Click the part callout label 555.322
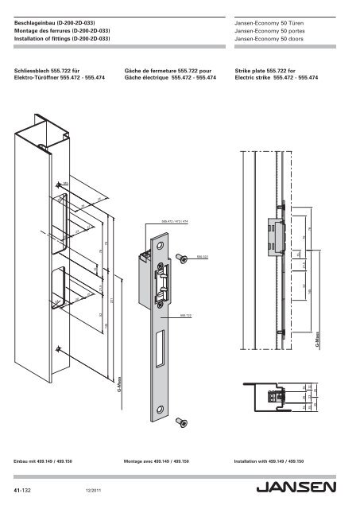pos(203,258)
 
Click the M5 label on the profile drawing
pos(66,184)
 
